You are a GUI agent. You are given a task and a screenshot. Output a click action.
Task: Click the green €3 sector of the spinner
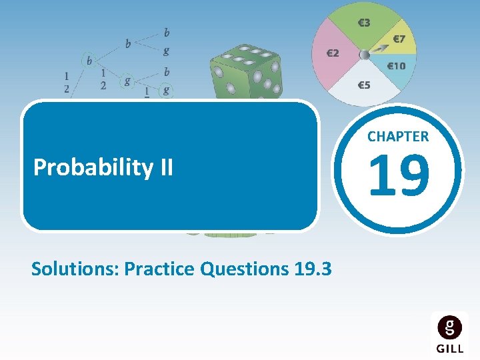[x=363, y=23]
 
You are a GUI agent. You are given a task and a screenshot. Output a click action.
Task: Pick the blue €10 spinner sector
[x=397, y=67]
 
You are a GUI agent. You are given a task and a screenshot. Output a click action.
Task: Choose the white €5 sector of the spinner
[x=363, y=85]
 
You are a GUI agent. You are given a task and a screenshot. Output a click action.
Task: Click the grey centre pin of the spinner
[x=365, y=55]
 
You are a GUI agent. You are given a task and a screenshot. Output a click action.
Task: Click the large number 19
[x=398, y=176]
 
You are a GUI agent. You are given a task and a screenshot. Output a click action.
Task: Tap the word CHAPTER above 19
[x=398, y=137]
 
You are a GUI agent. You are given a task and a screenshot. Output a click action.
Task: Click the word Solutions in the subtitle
[x=75, y=269]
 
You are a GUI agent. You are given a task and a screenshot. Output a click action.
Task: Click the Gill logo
[x=449, y=333]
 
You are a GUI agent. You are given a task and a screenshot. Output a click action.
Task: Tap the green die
[x=247, y=73]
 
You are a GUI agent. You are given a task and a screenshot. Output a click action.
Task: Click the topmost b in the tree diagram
[x=166, y=32]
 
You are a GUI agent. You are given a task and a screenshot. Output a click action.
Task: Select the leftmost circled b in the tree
[x=89, y=60]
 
